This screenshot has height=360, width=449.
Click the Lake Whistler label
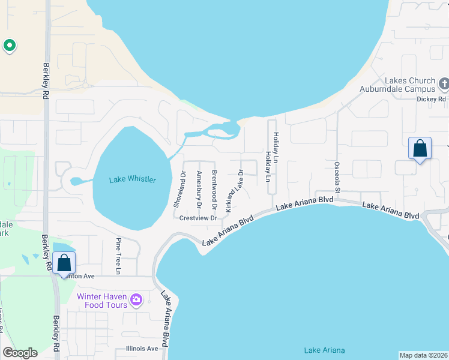tap(133, 180)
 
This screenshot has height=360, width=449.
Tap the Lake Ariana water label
tap(324, 350)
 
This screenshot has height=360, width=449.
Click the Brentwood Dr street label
tap(214, 189)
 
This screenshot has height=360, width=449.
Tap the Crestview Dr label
tap(198, 218)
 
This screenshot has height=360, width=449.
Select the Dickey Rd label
tap(433, 98)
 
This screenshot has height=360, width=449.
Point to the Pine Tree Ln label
tap(118, 257)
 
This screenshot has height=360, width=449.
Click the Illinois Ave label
tap(142, 349)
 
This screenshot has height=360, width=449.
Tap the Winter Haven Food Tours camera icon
tap(136, 299)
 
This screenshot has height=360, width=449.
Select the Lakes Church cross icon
tap(444, 83)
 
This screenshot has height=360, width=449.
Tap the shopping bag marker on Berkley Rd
tap(64, 263)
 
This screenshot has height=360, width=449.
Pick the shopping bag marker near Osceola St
tap(420, 148)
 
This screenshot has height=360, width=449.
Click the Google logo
tap(20, 352)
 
